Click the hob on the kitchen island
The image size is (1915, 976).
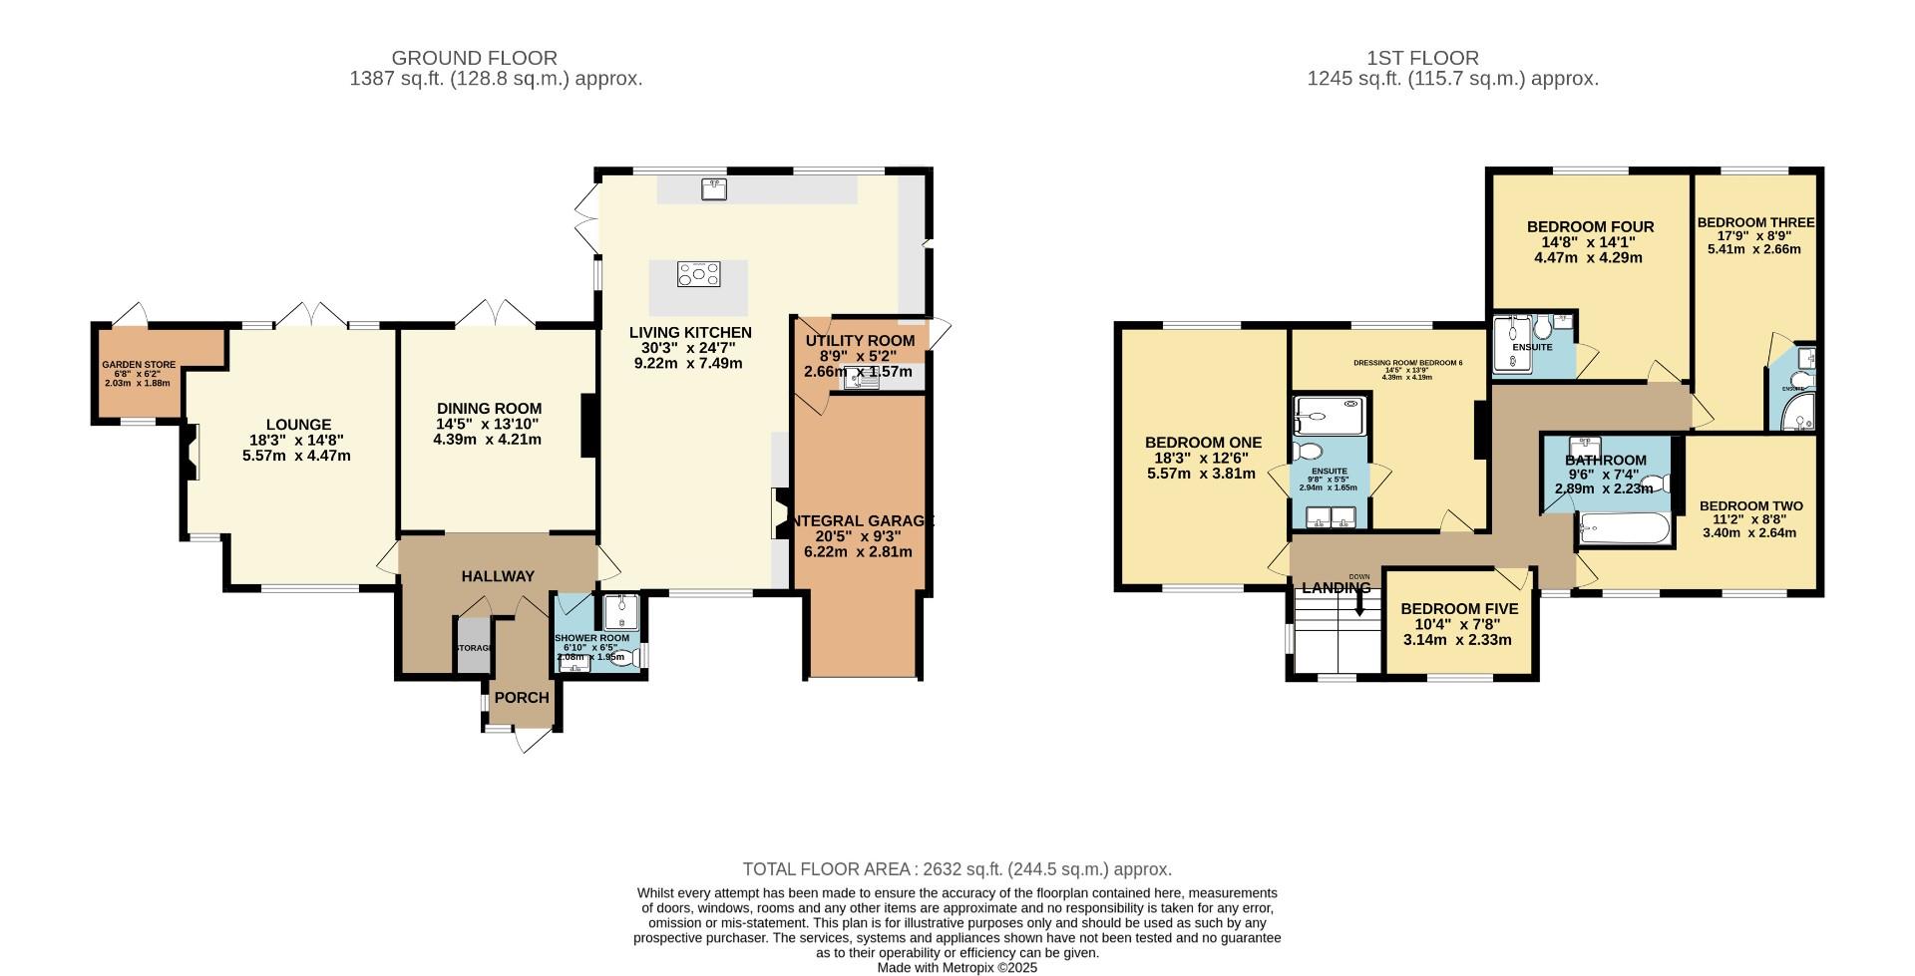pos(698,274)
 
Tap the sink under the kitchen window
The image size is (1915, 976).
pos(712,187)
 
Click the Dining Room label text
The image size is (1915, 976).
pos(489,409)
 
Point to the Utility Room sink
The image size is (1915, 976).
pos(859,379)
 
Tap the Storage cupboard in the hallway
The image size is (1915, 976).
pos(473,646)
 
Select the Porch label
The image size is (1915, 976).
pos(522,698)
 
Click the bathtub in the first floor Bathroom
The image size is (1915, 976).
pos(1625,529)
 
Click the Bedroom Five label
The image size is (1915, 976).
pos(1458,609)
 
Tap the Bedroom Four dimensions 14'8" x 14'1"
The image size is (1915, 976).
pos(1589,242)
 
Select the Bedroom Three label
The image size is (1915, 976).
pos(1755,223)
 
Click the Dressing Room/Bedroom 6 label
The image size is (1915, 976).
pos(1407,363)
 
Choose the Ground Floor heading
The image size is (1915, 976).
pos(474,58)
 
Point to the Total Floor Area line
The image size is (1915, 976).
pos(957,869)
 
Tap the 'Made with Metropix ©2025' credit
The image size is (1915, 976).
pos(957,967)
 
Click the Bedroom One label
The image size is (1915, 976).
pos(1203,443)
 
